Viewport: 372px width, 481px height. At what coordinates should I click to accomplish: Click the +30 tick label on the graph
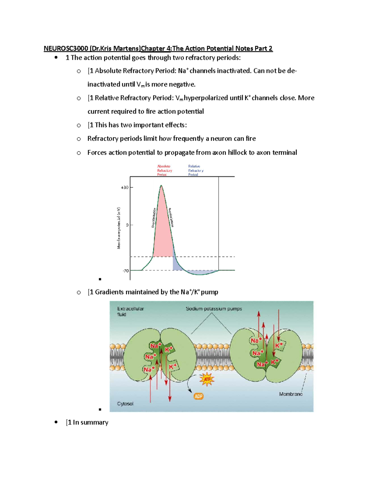coord(124,187)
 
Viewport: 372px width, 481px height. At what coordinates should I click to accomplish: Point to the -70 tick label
coord(126,271)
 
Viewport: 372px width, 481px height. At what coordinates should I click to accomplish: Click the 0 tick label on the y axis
coord(127,225)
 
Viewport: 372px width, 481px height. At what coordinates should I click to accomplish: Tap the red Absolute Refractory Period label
coord(164,170)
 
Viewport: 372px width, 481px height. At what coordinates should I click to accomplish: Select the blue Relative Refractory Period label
coord(196,170)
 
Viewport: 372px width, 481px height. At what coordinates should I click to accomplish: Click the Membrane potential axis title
coord(119,228)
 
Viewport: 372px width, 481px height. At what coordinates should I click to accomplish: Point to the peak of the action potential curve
coord(161,186)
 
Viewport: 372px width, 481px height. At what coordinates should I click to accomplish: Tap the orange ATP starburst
coord(207,379)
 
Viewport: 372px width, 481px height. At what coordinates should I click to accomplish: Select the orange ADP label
coord(198,396)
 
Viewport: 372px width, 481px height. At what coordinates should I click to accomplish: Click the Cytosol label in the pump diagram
coord(125,404)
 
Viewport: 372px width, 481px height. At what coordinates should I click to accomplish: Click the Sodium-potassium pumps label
coord(214,309)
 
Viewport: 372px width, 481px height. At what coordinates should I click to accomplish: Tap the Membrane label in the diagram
coord(290,394)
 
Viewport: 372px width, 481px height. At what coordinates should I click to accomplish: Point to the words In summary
coord(90,422)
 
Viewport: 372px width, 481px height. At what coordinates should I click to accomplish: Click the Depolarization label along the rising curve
coord(153,218)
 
